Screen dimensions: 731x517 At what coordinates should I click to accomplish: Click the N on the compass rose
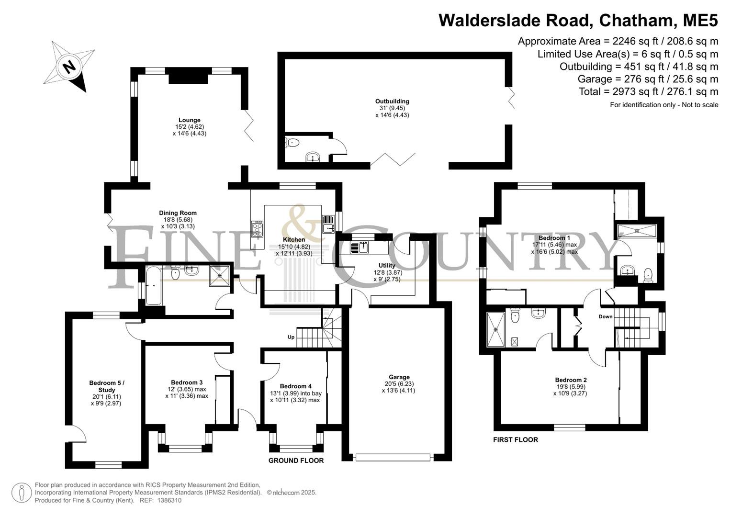[x=69, y=67]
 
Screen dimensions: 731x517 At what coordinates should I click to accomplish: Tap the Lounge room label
[x=189, y=120]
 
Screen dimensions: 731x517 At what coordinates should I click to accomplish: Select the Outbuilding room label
[x=392, y=101]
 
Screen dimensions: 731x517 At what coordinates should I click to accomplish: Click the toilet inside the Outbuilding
[x=292, y=143]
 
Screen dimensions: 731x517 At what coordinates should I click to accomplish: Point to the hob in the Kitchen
[x=258, y=229]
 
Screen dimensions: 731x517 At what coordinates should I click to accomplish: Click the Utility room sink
[x=360, y=247]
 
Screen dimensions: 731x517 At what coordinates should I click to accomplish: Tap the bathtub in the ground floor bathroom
[x=153, y=286]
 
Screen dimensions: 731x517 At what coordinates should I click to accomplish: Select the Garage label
[x=399, y=377]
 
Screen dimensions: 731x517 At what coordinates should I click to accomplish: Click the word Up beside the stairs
[x=291, y=337]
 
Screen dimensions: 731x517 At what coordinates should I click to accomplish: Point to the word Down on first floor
[x=606, y=316]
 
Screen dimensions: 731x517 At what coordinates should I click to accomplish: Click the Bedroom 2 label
[x=571, y=380]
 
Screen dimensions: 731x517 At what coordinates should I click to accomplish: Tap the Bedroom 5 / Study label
[x=107, y=386]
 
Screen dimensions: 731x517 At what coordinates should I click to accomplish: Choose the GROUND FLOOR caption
[x=296, y=461]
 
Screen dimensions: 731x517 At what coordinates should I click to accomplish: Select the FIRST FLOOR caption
[x=515, y=439]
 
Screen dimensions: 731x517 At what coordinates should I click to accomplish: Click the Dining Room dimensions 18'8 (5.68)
[x=178, y=220]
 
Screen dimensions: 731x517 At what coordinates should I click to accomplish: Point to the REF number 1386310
[x=169, y=500]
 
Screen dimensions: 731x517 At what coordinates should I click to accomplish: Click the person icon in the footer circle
[x=22, y=493]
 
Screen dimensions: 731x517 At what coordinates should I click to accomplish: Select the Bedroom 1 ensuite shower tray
[x=637, y=231]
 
